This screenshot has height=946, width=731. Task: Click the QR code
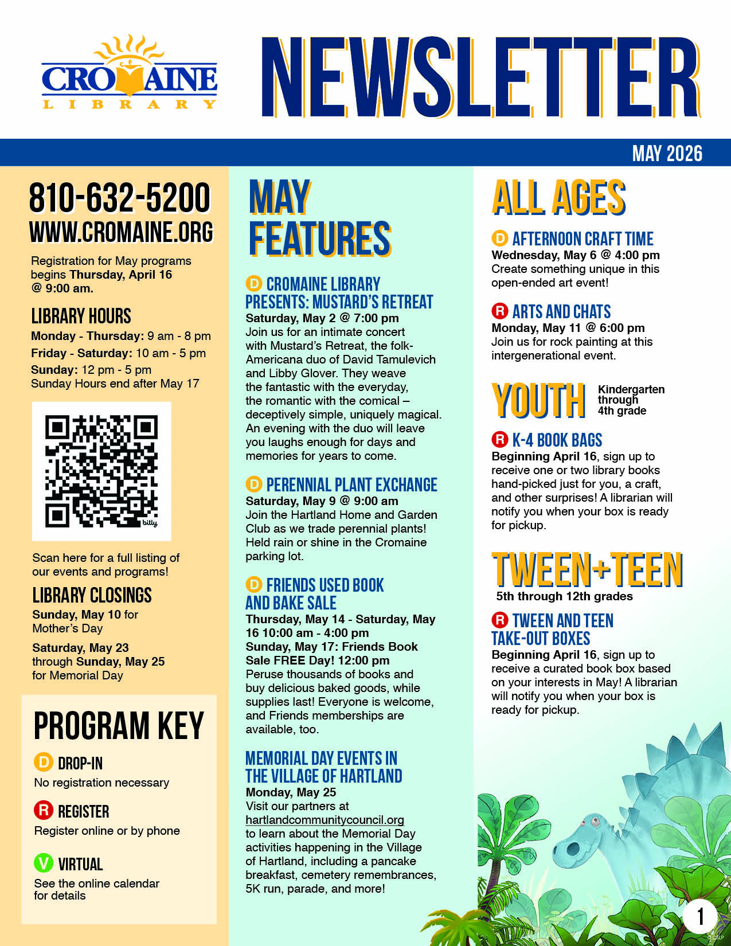(x=101, y=471)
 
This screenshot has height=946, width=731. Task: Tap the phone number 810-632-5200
(x=120, y=198)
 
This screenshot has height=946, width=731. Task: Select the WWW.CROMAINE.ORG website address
(x=121, y=232)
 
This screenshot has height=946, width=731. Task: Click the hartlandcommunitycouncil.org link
(x=325, y=820)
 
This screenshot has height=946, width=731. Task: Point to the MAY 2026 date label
(x=667, y=154)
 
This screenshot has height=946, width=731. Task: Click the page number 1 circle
(x=699, y=916)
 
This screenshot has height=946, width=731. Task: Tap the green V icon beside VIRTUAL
(x=44, y=863)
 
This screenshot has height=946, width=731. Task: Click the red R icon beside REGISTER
(x=44, y=810)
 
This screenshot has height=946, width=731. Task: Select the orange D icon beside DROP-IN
(x=44, y=762)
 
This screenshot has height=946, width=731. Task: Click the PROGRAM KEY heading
(x=119, y=726)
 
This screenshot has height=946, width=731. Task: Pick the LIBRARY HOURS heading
(x=81, y=316)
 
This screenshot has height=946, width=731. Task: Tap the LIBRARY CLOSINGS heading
(x=92, y=595)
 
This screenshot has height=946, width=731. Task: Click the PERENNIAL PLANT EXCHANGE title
(x=351, y=485)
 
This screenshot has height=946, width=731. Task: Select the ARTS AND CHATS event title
(x=561, y=312)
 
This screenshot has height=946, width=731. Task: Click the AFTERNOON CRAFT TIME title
(x=583, y=239)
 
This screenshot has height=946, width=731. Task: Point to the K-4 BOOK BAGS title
(x=557, y=440)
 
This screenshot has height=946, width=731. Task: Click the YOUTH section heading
(x=538, y=400)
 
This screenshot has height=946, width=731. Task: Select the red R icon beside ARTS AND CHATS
(x=500, y=311)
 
